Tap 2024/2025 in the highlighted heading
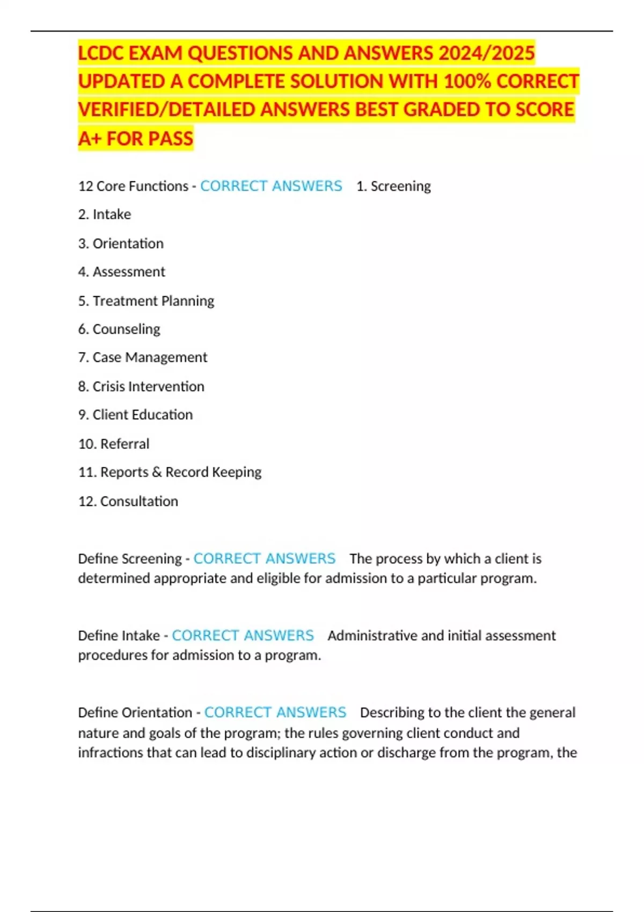[486, 54]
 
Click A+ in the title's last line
[90, 138]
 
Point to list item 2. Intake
[105, 215]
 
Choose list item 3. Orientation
[121, 244]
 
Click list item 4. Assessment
[122, 272]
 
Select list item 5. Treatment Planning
[146, 301]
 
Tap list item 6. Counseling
[119, 329]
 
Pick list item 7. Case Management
[143, 357]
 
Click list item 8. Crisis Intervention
[141, 386]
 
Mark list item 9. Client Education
[135, 415]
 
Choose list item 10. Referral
[114, 444]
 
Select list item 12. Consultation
[128, 501]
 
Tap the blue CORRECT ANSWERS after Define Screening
[264, 558]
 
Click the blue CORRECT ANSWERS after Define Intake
[243, 635]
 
